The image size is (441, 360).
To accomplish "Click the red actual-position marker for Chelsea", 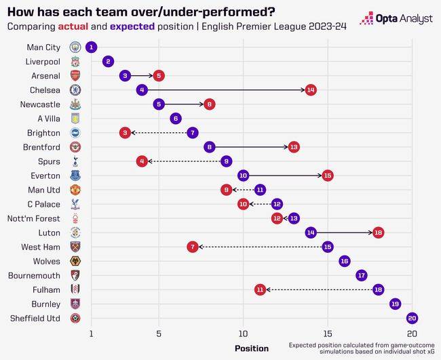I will click(311, 89).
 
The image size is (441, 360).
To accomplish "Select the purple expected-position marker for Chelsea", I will click(142, 89).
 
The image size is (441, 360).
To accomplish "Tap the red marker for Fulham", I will click(260, 289).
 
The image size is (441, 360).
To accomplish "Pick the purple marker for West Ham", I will click(328, 247).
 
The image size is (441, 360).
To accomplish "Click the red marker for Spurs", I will click(142, 161).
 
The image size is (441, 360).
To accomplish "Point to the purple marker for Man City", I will click(91, 47).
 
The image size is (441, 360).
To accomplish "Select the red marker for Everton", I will click(328, 176).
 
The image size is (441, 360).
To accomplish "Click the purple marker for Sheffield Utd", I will click(412, 318).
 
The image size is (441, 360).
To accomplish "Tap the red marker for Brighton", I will click(125, 133).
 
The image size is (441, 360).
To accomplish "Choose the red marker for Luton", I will click(378, 233).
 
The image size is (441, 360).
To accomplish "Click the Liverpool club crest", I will click(75, 61).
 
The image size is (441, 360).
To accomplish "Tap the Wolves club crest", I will click(75, 261).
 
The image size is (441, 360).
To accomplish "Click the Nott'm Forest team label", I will click(38, 218).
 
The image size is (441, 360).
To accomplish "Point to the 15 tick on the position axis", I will click(328, 334).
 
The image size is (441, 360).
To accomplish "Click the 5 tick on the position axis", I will click(159, 334).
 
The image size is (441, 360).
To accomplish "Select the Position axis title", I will click(251, 348).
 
